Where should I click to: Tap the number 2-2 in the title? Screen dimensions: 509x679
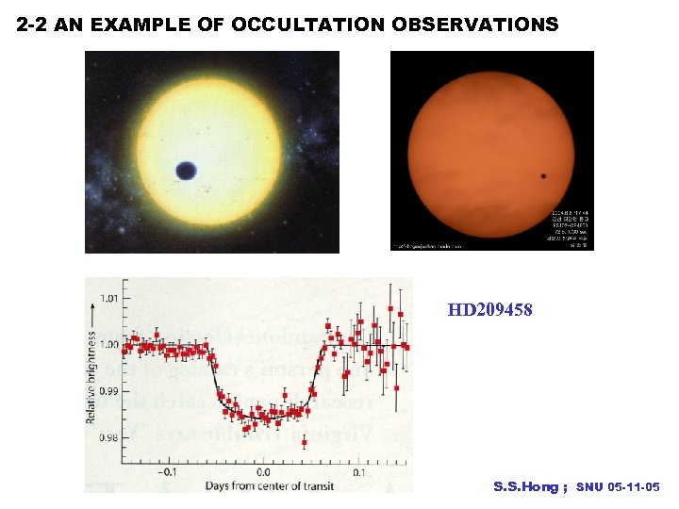coord(33,25)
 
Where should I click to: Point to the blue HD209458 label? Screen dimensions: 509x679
coord(489,308)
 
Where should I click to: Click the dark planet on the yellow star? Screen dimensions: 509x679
coord(186,171)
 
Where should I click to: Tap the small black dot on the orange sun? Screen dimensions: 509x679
coord(543,175)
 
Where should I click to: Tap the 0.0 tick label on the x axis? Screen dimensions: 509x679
coord(263,471)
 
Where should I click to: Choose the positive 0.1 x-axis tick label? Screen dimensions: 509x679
coord(359,471)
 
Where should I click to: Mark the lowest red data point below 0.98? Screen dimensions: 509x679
coord(305,441)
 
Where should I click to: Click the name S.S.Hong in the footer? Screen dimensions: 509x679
coord(526,486)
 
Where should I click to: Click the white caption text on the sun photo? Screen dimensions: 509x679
coord(571,226)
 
